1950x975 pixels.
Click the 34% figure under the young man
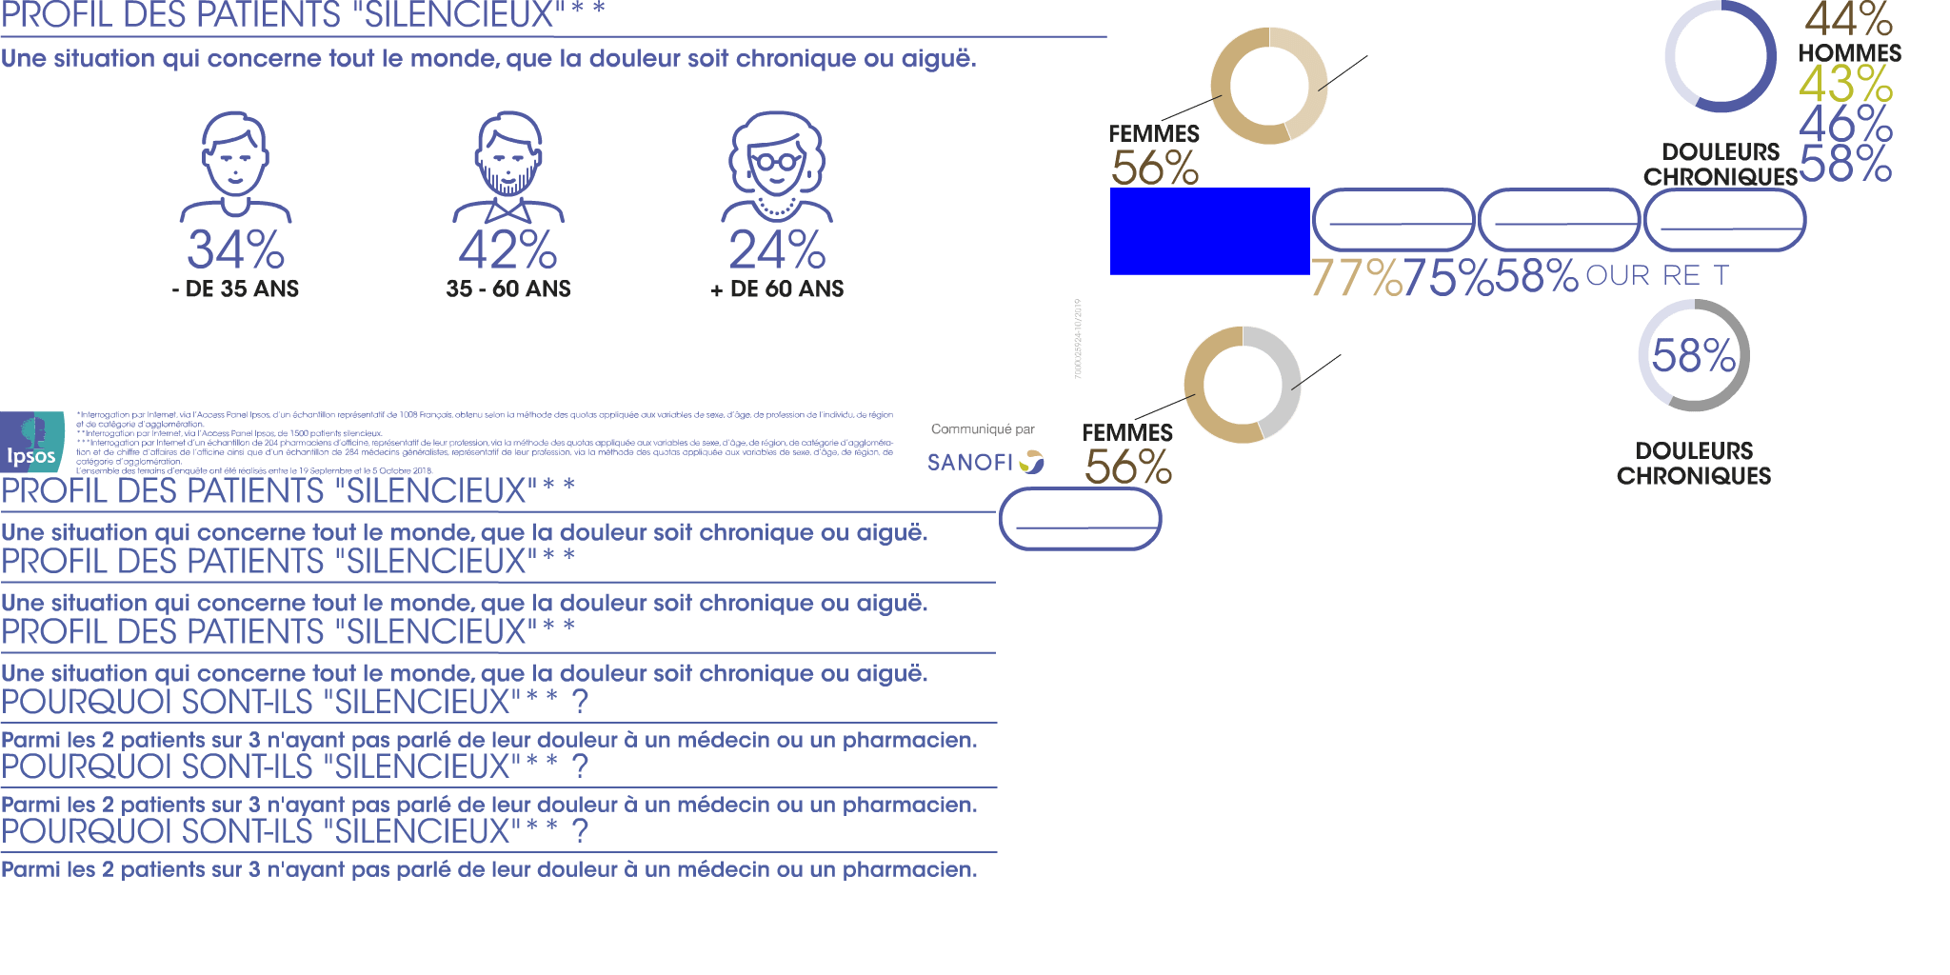click(x=235, y=249)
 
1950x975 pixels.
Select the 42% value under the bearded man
click(x=507, y=249)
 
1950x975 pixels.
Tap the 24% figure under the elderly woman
click(x=777, y=249)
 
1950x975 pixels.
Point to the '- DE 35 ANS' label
click(x=235, y=289)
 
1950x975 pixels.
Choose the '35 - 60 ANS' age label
click(x=507, y=289)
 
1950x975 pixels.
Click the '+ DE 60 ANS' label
click(x=777, y=289)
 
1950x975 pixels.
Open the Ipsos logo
click(x=32, y=443)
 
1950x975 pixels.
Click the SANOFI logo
click(x=985, y=463)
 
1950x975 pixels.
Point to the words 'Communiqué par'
click(x=983, y=429)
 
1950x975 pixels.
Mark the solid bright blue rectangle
click(x=1209, y=231)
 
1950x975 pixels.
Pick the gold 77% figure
click(x=1357, y=278)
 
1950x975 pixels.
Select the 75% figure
click(x=1448, y=278)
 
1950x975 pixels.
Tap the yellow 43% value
click(x=1845, y=84)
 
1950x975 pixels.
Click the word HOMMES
click(x=1849, y=53)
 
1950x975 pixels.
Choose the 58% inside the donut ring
click(x=1693, y=356)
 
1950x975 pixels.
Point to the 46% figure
click(x=1845, y=124)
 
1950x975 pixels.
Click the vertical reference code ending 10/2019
click(x=1078, y=339)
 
